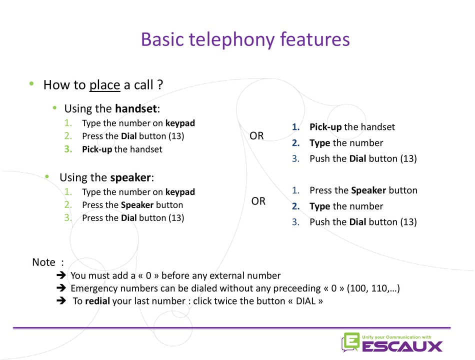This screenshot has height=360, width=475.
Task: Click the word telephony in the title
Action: pos(232,40)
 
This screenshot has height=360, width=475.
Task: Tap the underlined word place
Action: pos(104,85)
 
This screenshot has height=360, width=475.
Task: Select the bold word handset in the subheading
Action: pos(136,108)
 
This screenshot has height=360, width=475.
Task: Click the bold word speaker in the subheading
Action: pos(130,177)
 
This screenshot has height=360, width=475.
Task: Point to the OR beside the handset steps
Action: pos(256,136)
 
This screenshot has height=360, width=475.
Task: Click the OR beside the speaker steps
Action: pos(258,201)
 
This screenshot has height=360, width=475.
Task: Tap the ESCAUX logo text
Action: pos(402,346)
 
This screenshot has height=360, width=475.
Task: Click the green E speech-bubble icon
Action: pos(350,342)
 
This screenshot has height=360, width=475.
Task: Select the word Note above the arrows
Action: pos(43,262)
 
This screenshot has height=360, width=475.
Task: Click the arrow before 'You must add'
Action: pos(61,275)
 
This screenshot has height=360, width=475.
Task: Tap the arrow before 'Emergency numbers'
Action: pos(61,288)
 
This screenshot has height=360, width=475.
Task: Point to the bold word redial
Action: pos(97,301)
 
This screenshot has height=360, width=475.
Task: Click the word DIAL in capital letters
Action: pos(305,301)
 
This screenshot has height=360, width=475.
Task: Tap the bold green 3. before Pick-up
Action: pos(68,149)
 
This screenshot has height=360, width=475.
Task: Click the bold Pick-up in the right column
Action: pos(325,127)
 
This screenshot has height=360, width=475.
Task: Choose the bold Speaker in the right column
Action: pos(368,190)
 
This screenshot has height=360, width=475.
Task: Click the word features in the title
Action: pos(315,39)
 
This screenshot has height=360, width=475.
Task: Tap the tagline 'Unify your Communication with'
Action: pos(396,337)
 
